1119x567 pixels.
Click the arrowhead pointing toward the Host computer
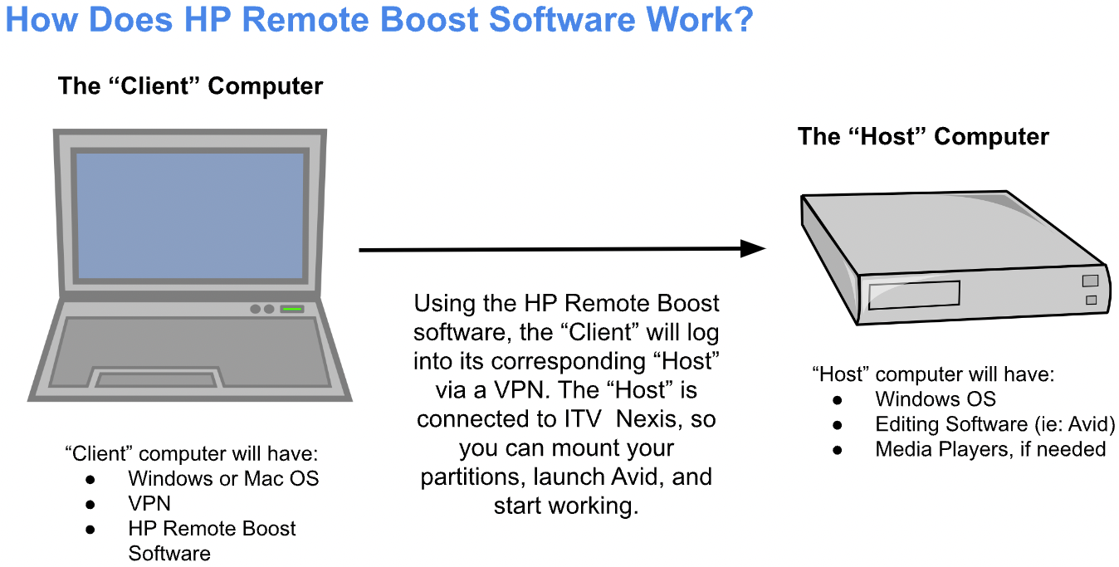click(752, 248)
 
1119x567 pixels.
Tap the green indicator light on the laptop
click(291, 309)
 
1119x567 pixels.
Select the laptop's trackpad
click(158, 379)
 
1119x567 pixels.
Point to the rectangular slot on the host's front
click(913, 295)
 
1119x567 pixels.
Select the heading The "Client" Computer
click(190, 86)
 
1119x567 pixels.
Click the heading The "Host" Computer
click(923, 136)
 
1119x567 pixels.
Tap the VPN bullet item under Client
click(149, 504)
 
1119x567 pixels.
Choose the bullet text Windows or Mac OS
click(223, 479)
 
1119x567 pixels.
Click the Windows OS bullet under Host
click(936, 399)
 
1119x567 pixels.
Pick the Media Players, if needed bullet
click(990, 449)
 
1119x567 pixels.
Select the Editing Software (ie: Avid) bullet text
click(994, 424)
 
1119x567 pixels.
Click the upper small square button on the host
click(1091, 281)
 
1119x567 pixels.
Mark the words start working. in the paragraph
click(566, 506)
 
